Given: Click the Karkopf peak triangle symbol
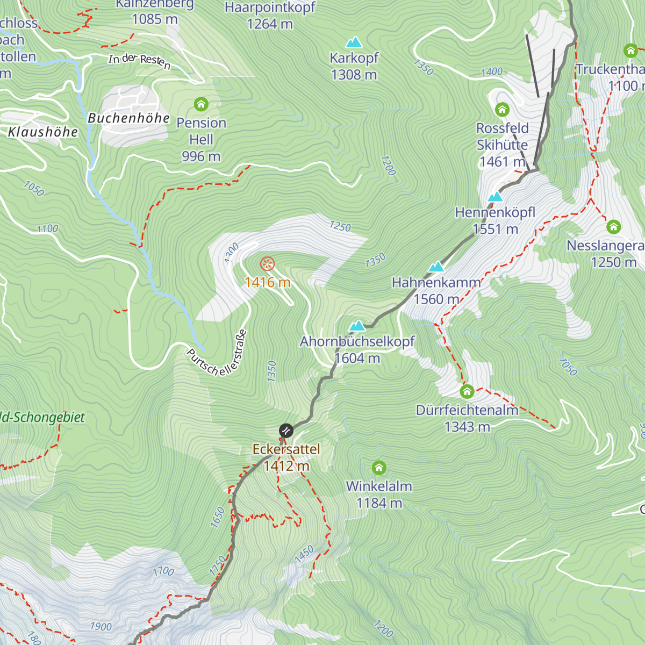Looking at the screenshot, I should pos(353,42).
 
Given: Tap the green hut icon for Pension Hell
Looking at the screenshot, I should pos(201,104).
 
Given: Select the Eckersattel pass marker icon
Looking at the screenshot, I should pos(286,431).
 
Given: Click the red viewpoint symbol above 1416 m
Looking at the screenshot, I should pos(267,264).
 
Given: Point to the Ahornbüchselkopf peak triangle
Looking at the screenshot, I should pos(357,326).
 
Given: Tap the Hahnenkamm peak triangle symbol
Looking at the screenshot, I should pos(436,267).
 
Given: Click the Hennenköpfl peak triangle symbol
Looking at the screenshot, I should pos(494,197).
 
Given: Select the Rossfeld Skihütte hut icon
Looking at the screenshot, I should pos(502,110).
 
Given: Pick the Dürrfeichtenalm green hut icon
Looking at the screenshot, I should pos(467,391).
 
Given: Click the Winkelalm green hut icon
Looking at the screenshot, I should pos(379,467).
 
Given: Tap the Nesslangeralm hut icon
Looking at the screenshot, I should pos(613,227).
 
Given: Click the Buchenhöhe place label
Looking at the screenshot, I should pos(128,118).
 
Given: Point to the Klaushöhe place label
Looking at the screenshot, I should pos(43,132).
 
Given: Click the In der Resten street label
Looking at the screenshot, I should pos(139,61).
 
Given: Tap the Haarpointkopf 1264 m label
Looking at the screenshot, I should pos(270,16).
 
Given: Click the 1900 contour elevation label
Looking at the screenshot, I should pos(101,626).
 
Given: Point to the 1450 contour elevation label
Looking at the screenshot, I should pos(304,554).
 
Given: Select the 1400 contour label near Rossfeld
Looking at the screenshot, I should pos(492,72).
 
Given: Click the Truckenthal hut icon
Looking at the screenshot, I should pos(630,51).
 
